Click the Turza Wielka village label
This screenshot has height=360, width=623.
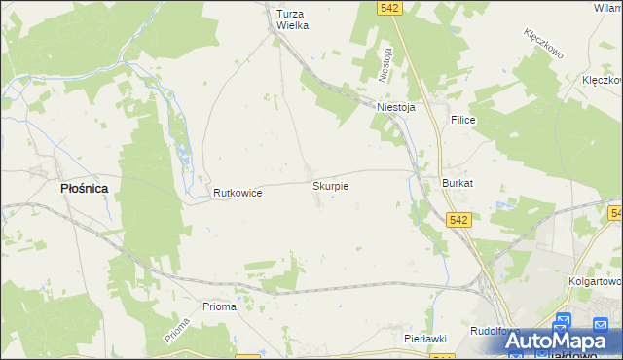(292, 19)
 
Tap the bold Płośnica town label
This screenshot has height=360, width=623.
(84, 189)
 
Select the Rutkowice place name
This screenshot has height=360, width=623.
(238, 193)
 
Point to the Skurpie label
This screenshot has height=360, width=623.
(330, 184)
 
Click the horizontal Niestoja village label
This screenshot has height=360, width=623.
(396, 108)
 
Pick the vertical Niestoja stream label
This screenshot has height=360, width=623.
(386, 64)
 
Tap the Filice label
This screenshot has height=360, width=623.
(461, 119)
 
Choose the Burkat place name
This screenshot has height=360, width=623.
(458, 183)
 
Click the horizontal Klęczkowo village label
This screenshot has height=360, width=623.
(601, 80)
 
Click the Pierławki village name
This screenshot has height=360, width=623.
(424, 338)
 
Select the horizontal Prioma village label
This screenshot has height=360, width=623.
(219, 306)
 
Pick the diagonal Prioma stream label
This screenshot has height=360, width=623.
(176, 331)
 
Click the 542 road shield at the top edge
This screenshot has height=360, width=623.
(390, 8)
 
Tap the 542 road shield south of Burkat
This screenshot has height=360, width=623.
(460, 221)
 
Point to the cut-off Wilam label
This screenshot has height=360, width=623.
(607, 7)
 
